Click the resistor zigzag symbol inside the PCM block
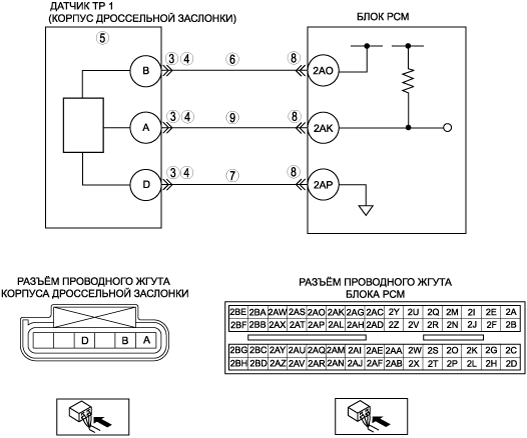408,80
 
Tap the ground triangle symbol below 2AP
366,210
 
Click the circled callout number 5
102,38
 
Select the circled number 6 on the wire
232,59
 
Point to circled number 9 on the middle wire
232,117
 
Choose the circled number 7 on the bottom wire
232,175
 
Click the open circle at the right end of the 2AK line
448,128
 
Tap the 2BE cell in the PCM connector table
238,312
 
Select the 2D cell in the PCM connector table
511,364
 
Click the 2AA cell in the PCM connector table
394,351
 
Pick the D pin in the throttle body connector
85,341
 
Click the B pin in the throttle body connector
125,341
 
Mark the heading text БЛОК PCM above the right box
383,17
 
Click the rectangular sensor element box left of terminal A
83,125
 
